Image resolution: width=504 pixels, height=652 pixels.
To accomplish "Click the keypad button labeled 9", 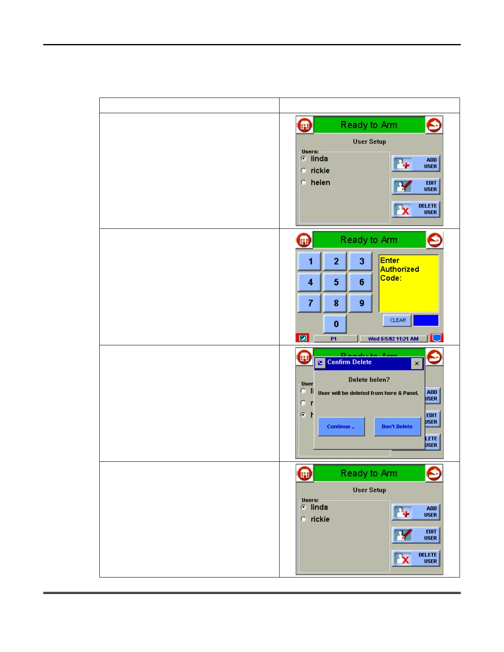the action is [x=361, y=303].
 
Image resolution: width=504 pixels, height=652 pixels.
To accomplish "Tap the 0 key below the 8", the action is [x=335, y=324].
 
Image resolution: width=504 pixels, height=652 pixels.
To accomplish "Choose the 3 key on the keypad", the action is [x=361, y=261].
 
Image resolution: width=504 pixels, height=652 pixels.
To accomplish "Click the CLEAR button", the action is [x=397, y=320].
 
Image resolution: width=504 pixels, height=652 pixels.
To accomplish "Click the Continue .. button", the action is [x=341, y=426].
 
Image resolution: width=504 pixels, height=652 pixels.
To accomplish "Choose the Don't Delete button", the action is [x=397, y=426].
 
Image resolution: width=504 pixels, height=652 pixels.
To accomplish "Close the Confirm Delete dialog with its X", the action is [x=417, y=363].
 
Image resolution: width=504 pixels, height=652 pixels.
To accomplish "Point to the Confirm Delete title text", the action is [x=349, y=362].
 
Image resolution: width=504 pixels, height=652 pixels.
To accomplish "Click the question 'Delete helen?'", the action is [x=369, y=380].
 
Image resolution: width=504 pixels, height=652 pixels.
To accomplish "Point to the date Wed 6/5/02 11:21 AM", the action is [x=393, y=339].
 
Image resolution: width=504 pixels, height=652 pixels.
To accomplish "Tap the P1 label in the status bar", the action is [x=334, y=339].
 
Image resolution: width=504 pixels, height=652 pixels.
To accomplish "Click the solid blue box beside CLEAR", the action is [x=426, y=320].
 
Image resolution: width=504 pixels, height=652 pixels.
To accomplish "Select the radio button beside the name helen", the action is [x=304, y=182].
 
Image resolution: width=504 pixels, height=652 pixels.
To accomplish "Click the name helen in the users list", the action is [x=320, y=182].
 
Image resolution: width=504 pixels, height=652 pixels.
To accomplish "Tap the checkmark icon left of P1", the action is [x=303, y=338].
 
